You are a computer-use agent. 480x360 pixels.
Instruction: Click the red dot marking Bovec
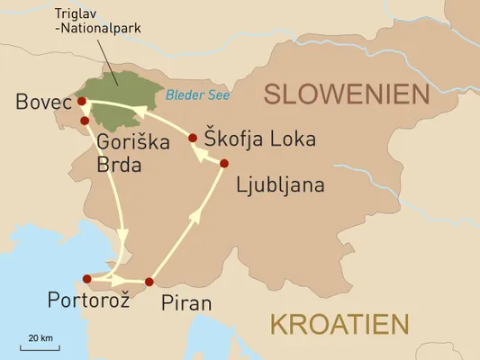click(x=82, y=101)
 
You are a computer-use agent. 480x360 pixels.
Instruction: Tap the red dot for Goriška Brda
click(x=85, y=120)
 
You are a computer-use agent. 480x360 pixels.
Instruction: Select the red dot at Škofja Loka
click(x=193, y=138)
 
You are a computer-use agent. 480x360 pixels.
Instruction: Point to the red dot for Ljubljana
click(x=224, y=163)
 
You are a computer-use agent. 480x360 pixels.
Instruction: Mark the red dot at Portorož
click(x=86, y=279)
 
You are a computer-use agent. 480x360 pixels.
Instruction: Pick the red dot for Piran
click(x=149, y=281)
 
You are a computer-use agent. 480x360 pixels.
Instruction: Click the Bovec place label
click(x=42, y=103)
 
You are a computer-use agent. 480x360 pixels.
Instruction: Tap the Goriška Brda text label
click(x=122, y=154)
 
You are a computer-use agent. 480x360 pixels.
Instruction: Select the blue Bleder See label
click(x=198, y=94)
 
